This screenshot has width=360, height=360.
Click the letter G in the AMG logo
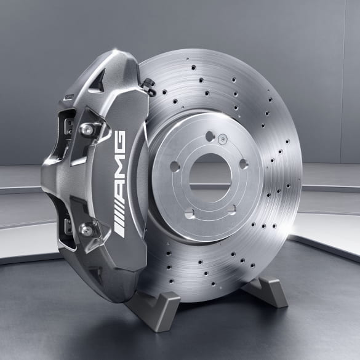point(119,142)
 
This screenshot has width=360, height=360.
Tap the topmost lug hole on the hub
point(210,136)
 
